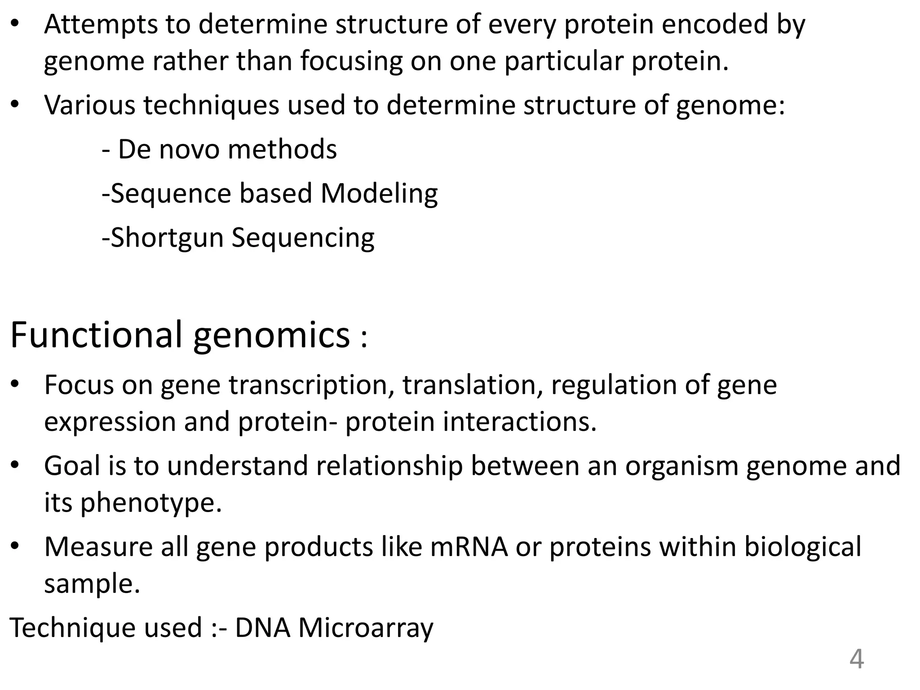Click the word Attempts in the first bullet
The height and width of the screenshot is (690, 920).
point(101,25)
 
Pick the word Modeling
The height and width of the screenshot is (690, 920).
point(379,194)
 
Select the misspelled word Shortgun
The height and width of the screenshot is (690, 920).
point(167,238)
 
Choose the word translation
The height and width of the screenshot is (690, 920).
point(473,385)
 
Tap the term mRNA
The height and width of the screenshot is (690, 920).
point(469,547)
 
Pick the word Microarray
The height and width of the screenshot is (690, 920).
point(366,628)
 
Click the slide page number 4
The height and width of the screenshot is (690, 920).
point(856,660)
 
